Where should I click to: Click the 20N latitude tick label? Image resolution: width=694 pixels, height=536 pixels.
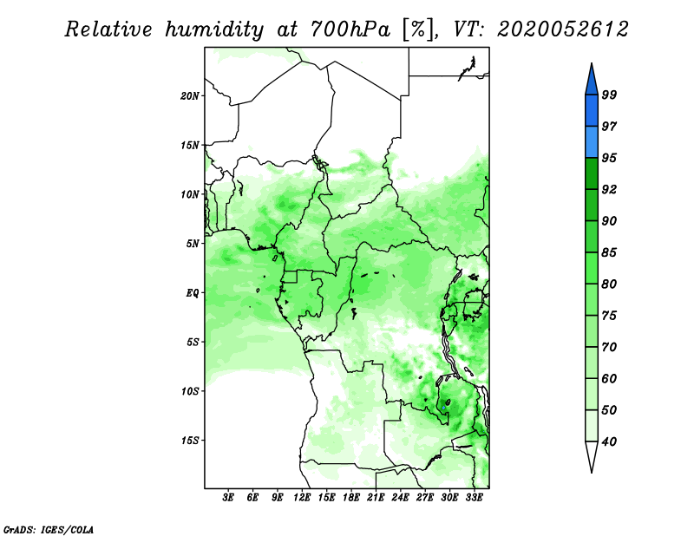click(190, 96)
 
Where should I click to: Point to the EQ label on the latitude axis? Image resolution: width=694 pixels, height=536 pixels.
click(193, 293)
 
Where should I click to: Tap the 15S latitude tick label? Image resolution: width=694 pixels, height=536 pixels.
click(190, 441)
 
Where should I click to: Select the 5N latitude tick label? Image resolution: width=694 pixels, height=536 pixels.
click(193, 244)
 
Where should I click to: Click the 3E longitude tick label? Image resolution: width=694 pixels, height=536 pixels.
click(228, 498)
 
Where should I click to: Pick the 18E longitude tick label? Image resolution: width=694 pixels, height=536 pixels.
click(351, 498)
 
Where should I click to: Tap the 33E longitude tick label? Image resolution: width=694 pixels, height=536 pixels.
click(474, 498)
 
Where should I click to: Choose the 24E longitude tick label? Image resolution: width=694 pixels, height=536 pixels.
click(400, 498)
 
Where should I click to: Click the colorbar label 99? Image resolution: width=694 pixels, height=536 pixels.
click(609, 95)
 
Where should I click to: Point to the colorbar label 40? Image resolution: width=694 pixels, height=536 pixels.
click(609, 441)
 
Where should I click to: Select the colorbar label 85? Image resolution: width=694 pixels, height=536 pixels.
click(609, 252)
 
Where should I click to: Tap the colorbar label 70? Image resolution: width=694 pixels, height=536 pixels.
click(609, 347)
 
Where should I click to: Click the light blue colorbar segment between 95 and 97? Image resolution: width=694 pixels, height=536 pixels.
click(592, 142)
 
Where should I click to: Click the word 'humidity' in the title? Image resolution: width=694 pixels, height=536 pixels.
click(214, 29)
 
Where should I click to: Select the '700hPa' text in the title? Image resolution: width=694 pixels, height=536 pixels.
click(350, 29)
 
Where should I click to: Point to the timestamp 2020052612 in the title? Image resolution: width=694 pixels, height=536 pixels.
click(562, 29)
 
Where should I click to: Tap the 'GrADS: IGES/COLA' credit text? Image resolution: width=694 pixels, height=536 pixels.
click(49, 530)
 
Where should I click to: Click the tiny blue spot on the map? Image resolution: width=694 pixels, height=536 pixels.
click(443, 407)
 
